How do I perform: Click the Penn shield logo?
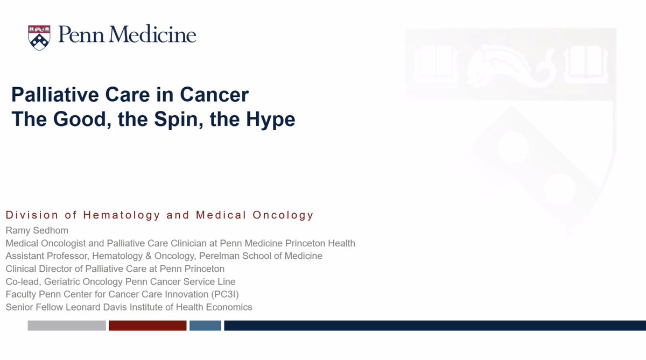tap(39, 37)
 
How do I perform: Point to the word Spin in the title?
tap(172, 119)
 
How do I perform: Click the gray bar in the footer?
tap(67, 326)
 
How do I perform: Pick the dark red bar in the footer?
tap(148, 326)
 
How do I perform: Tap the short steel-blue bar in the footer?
tap(205, 326)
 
